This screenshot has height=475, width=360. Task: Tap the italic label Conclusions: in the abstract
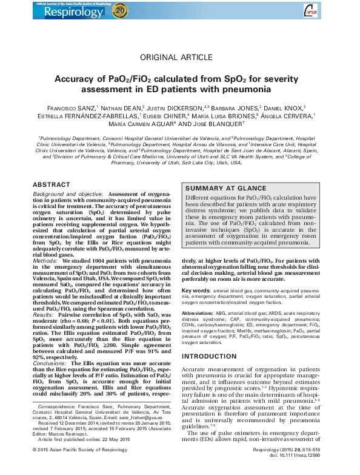pos(50,362)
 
